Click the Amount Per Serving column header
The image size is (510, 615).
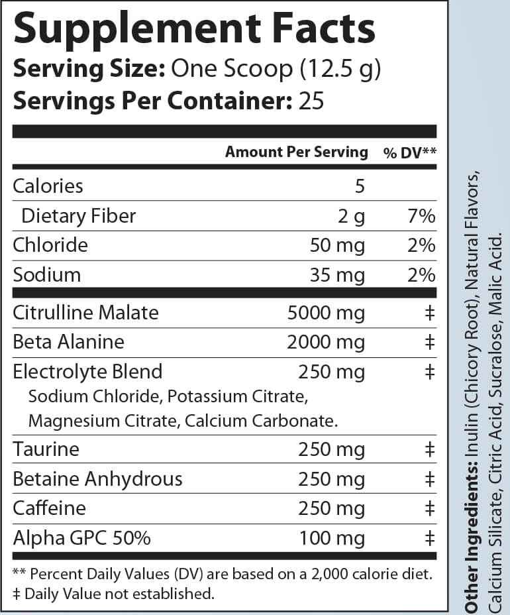point(296,152)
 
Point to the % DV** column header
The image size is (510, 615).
point(409,153)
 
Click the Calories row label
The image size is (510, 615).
point(48,186)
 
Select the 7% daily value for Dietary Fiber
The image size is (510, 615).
point(421,216)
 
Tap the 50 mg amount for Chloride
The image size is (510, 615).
point(337,246)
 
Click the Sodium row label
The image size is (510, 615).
point(47,275)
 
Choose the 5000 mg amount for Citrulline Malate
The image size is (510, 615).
point(326,312)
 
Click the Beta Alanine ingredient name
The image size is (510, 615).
point(69,342)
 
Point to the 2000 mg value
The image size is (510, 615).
point(326,342)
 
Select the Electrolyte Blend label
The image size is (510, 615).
point(87,371)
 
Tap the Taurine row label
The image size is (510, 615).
point(46,449)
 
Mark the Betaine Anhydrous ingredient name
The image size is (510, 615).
point(97,479)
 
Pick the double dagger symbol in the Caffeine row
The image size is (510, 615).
point(429,508)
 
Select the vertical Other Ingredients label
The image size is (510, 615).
point(472,543)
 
